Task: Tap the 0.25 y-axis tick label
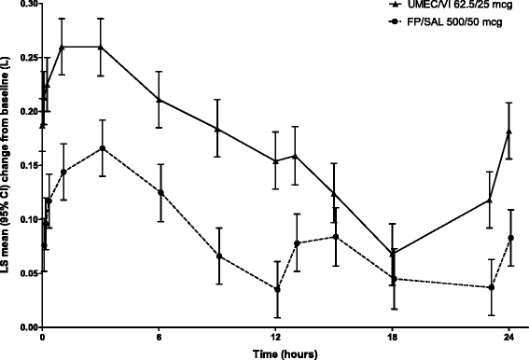pos(20,58)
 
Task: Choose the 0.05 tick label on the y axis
pos(20,274)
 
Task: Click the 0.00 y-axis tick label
pos(20,328)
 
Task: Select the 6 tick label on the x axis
pos(160,339)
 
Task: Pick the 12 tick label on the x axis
pos(276,339)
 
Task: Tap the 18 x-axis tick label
pos(392,339)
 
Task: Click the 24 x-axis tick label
pos(509,339)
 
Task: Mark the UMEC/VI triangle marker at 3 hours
pos(102,47)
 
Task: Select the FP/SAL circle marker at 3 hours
pos(102,148)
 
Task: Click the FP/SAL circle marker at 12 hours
pos(276,289)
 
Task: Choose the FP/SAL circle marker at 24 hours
pos(509,238)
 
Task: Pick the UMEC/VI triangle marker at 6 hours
pos(160,100)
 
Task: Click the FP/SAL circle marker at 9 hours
pos(217,256)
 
